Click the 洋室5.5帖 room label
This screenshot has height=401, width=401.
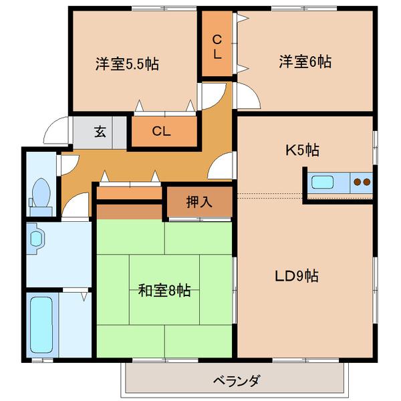point(126,65)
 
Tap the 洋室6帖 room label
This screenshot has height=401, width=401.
point(305,62)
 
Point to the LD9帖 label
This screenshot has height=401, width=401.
point(297,275)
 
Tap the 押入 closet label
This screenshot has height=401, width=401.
point(199,201)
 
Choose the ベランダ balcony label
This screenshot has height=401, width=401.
point(236,382)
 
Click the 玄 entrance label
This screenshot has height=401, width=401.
point(100,131)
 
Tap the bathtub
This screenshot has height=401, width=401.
point(41,323)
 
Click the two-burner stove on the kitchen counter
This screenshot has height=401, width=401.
point(362,181)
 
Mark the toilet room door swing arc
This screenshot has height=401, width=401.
point(76,204)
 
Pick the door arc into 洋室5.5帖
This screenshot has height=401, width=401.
point(211,94)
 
